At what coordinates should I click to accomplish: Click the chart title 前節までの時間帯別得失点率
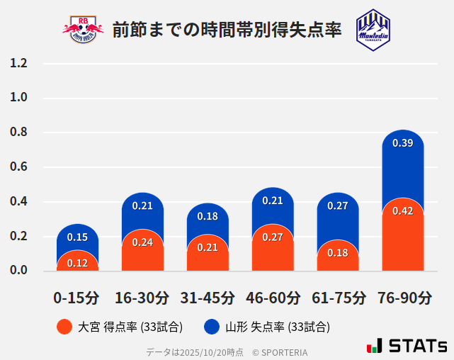227,29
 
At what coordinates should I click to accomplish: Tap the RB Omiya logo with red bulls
83,29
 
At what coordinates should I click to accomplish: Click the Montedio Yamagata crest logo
373,29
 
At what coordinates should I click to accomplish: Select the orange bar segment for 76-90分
403,237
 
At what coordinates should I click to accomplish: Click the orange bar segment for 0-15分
77,261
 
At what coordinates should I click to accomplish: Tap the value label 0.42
403,210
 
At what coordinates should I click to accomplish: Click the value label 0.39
403,143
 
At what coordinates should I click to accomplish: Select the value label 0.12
77,263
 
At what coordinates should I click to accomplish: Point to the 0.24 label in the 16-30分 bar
142,242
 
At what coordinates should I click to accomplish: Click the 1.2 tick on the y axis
19,64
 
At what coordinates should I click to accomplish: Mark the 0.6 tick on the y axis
19,167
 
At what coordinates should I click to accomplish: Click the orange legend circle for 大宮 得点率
64,327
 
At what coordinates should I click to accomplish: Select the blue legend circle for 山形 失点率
211,327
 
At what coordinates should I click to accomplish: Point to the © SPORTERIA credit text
280,351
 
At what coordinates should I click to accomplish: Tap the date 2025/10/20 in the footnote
203,351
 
